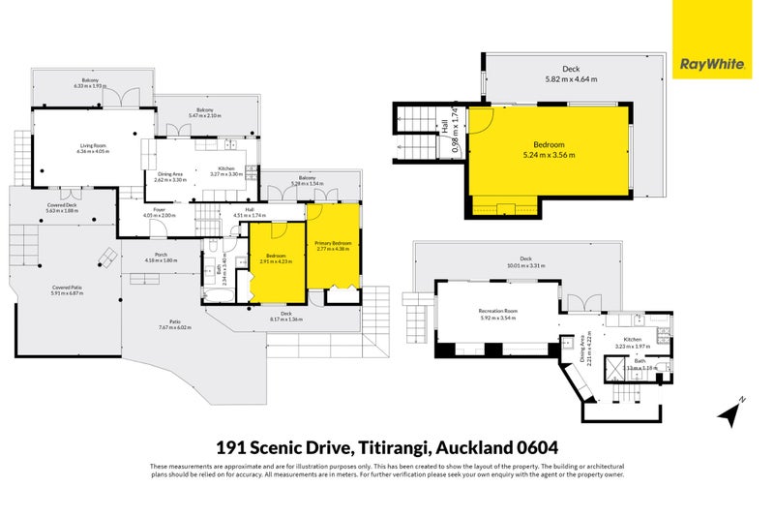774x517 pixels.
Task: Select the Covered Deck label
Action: point(64,207)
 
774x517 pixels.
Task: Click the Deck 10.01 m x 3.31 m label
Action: point(526,261)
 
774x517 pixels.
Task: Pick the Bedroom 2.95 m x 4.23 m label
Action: point(275,258)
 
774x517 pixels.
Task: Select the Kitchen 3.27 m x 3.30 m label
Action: point(226,171)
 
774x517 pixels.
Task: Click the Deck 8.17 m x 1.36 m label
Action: point(286,317)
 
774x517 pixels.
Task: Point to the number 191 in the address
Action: point(230,447)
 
